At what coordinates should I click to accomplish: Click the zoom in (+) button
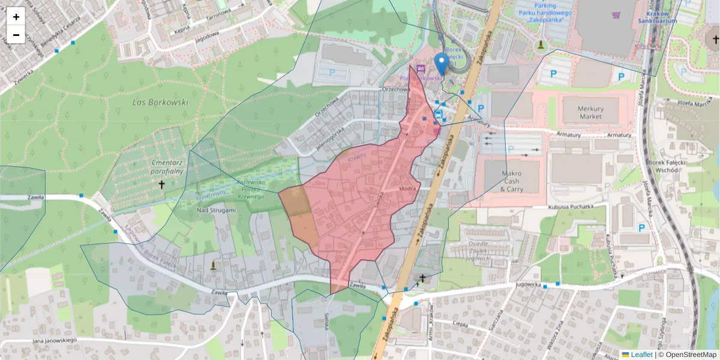[x=16, y=17]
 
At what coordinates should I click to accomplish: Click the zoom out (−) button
[x=16, y=34]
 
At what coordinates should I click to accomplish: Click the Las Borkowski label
[x=160, y=103]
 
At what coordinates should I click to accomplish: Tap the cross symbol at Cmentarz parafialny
[x=161, y=185]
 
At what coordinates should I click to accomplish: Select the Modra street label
[x=407, y=188]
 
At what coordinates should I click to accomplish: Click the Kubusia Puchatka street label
[x=571, y=207]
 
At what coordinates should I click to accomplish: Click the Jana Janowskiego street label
[x=55, y=341]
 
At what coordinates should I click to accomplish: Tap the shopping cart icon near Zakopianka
[x=616, y=15]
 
